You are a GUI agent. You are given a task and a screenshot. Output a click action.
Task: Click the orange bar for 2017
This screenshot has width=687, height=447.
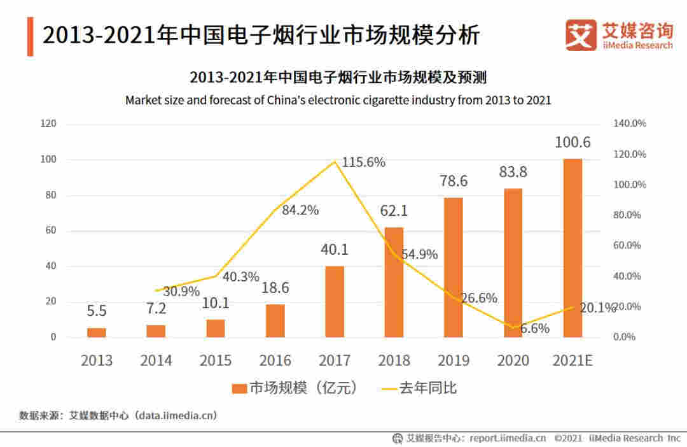pos(335,301)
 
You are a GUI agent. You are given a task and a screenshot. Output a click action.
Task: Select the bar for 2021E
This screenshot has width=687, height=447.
pos(572,248)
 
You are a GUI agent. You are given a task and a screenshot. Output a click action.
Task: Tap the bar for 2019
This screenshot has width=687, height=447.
pos(454,267)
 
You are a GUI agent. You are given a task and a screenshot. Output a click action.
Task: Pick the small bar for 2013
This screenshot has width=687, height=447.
pos(97,332)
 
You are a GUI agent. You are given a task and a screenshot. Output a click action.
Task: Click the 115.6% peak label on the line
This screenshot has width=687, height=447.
pos(363,162)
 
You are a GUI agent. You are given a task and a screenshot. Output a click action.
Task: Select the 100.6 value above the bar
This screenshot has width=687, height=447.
pos(572,143)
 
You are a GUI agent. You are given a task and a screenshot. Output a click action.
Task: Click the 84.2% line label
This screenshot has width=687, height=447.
pos(300,210)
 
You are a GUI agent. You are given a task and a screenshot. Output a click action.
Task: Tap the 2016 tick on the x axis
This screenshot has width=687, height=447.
pos(275,360)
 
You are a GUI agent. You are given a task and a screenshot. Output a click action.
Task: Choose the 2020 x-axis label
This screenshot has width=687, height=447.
pos(513,360)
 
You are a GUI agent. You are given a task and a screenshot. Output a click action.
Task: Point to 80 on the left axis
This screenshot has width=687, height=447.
pos(48,195)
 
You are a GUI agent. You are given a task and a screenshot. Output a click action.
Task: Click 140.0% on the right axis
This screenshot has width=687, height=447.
pos(629,124)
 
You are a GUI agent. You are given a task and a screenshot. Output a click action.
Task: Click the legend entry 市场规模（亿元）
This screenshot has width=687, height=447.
pos(295,388)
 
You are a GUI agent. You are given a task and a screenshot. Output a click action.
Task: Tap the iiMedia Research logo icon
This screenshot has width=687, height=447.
pos(580,35)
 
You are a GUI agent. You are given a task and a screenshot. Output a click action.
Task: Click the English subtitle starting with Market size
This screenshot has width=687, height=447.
pos(338,100)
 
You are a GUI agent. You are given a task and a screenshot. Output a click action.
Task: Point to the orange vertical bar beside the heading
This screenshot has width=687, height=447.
pos(30,36)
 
